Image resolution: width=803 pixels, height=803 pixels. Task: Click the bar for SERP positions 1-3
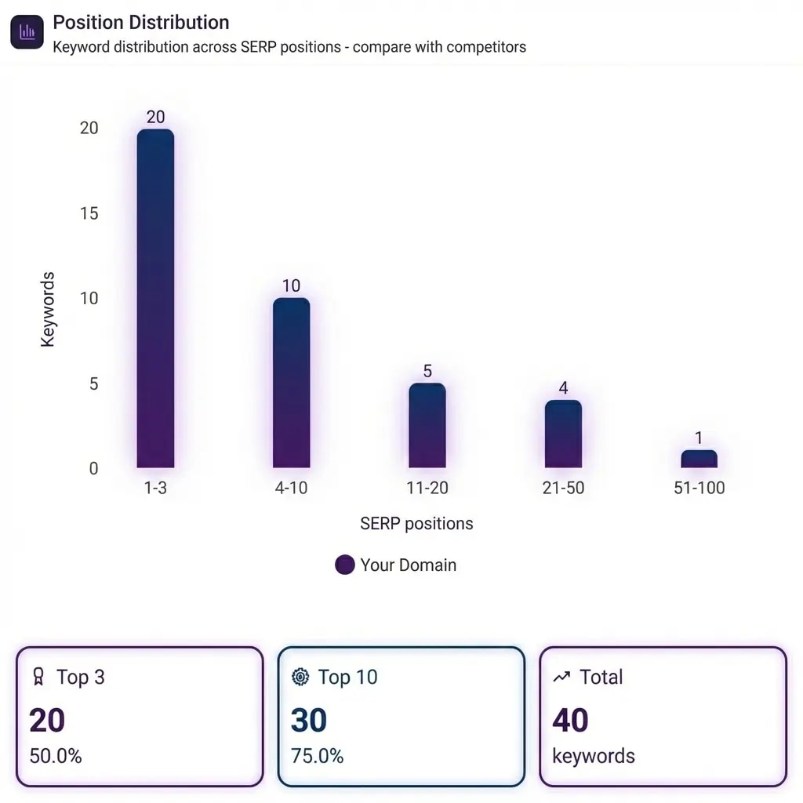pyautogui.click(x=155, y=299)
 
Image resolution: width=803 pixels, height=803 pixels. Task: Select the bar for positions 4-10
pyautogui.click(x=291, y=383)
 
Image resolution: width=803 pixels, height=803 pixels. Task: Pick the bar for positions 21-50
pyautogui.click(x=563, y=434)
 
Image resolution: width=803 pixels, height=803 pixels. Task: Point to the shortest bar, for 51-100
pyautogui.click(x=699, y=460)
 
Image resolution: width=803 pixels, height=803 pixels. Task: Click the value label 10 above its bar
pyautogui.click(x=291, y=285)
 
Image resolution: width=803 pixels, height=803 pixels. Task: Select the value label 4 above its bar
pyautogui.click(x=563, y=388)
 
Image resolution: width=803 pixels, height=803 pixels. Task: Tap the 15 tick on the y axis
pyautogui.click(x=89, y=213)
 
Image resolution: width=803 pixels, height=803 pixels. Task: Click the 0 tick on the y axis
pyautogui.click(x=94, y=469)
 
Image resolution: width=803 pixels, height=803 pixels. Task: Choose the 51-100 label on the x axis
pyautogui.click(x=699, y=488)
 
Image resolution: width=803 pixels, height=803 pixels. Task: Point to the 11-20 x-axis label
pyautogui.click(x=427, y=488)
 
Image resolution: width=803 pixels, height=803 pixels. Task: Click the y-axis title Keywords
pyautogui.click(x=48, y=310)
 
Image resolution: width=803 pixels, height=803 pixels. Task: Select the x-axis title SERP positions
pyautogui.click(x=416, y=523)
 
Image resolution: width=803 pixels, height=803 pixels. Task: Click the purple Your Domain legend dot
pyautogui.click(x=345, y=565)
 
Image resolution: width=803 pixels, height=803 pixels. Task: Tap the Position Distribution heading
pyautogui.click(x=141, y=22)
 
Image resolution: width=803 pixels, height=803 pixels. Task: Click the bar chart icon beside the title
pyautogui.click(x=27, y=32)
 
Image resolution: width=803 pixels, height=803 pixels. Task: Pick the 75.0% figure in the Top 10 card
pyautogui.click(x=317, y=756)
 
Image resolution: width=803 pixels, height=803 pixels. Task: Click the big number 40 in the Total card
pyautogui.click(x=570, y=721)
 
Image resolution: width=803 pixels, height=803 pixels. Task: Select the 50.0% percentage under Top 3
pyautogui.click(x=56, y=756)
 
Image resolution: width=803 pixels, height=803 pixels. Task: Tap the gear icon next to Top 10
pyautogui.click(x=300, y=677)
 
